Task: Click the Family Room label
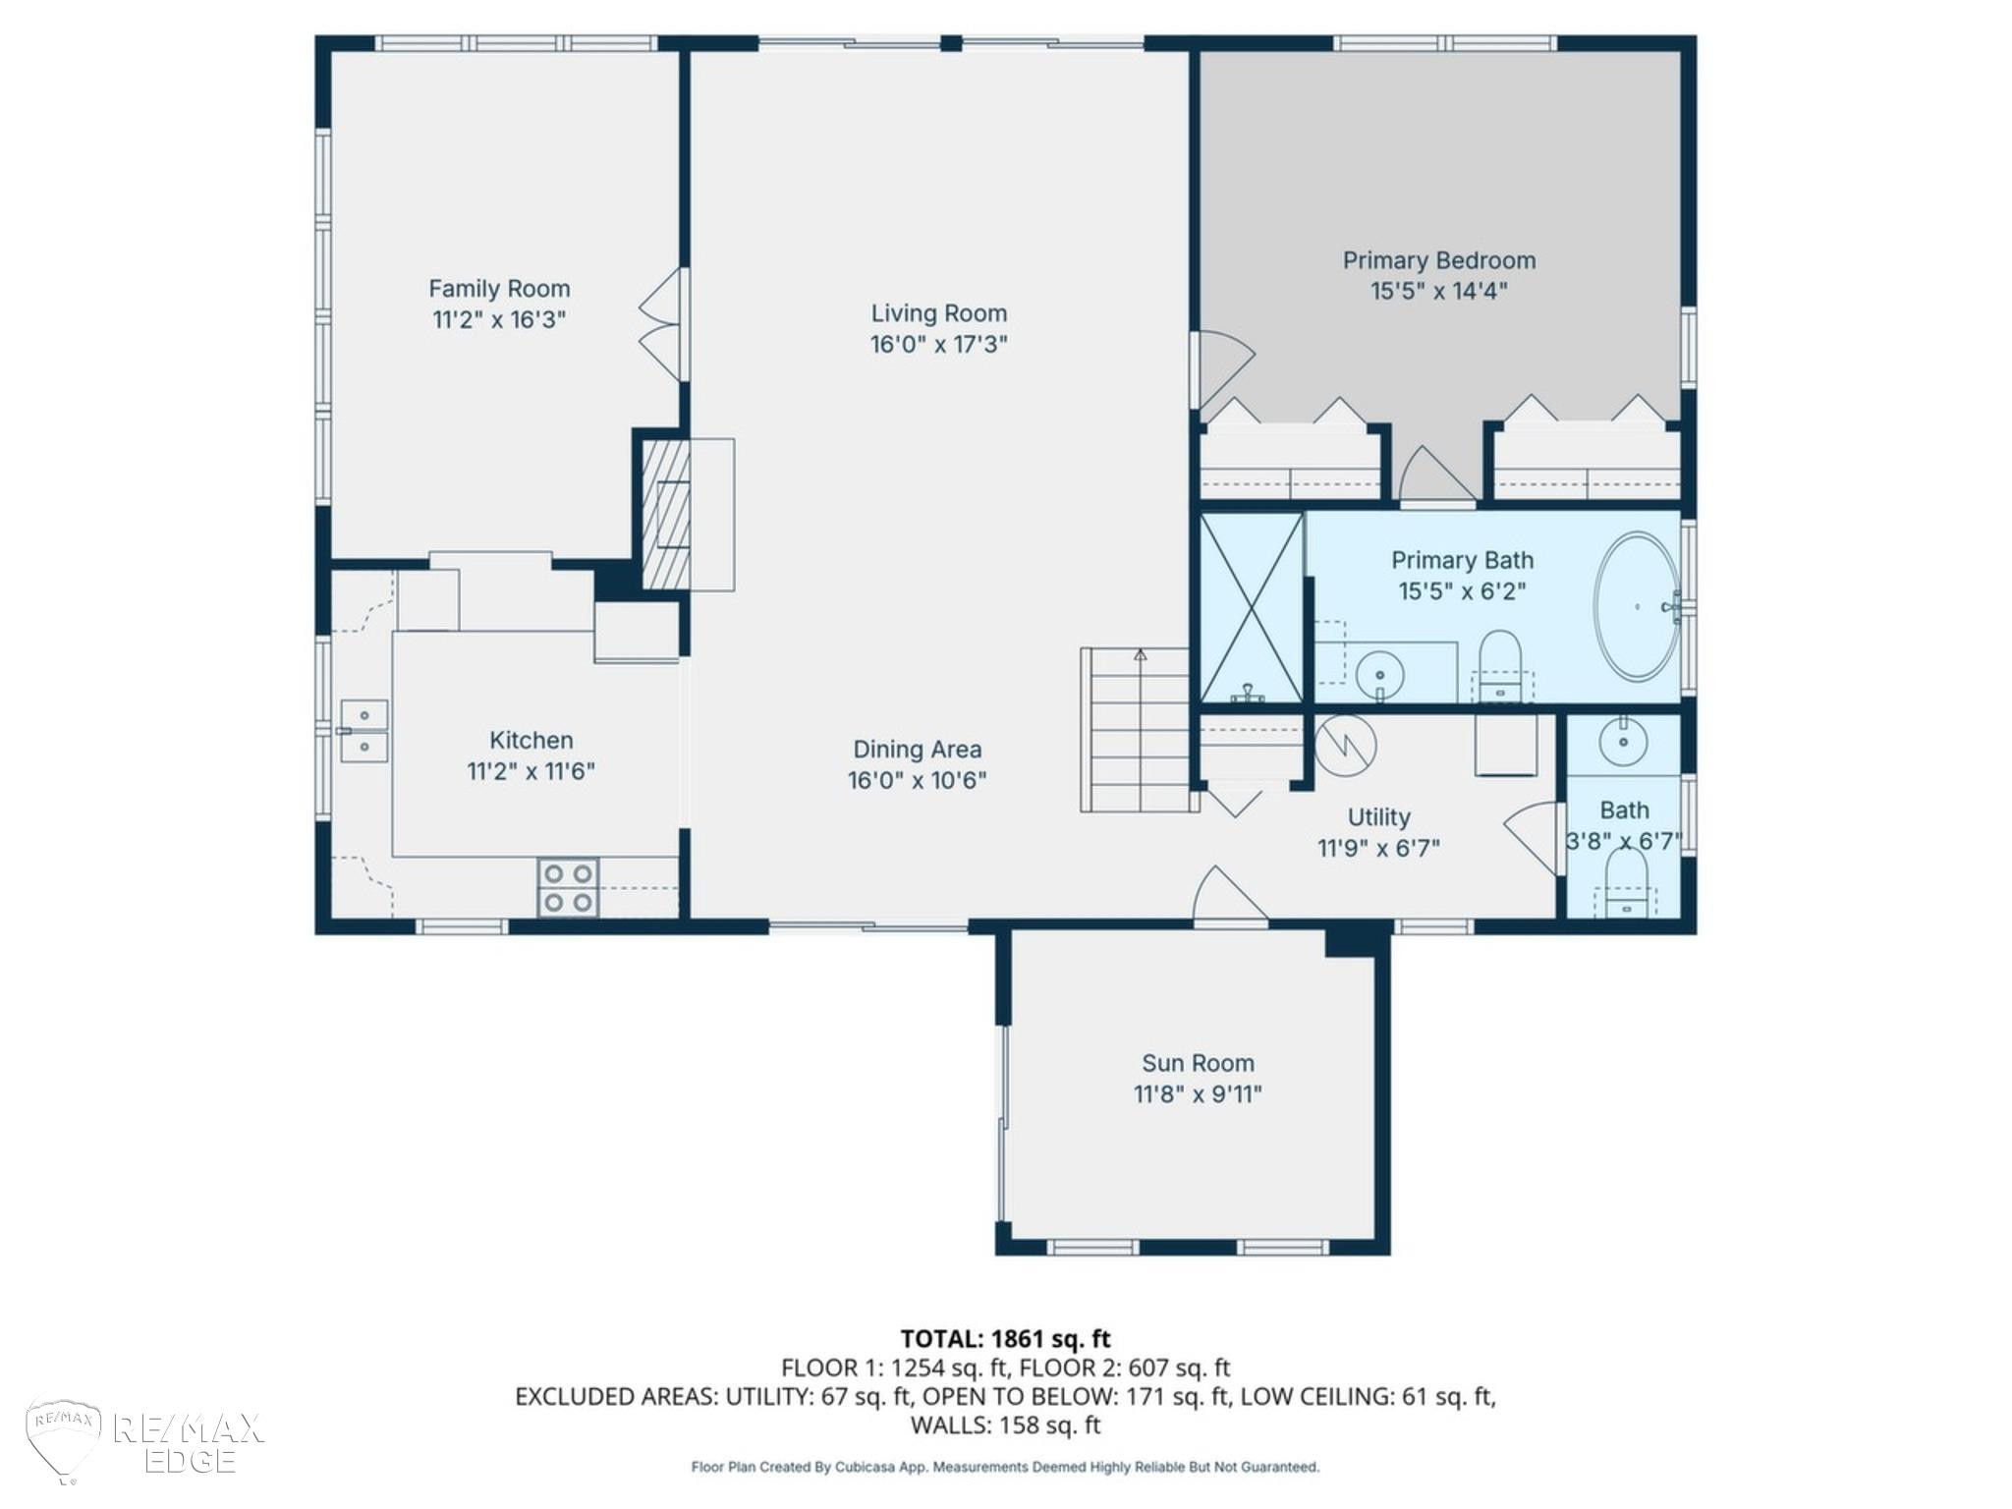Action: click(x=499, y=289)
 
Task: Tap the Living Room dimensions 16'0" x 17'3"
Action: click(x=938, y=345)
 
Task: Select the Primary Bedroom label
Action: click(x=1439, y=260)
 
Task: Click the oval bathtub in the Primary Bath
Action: click(x=1637, y=606)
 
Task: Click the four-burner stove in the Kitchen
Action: click(x=568, y=887)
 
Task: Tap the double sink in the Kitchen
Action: click(x=363, y=731)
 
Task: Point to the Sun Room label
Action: click(x=1198, y=1063)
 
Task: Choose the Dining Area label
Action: click(x=917, y=750)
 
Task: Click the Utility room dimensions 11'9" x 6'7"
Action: click(x=1378, y=848)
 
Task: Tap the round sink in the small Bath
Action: click(x=1623, y=742)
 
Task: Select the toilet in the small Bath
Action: click(x=1625, y=882)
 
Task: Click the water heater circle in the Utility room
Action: click(x=1346, y=746)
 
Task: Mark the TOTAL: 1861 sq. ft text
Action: click(x=1005, y=1339)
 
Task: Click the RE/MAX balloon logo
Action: click(x=63, y=1440)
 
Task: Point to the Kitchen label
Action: click(x=531, y=741)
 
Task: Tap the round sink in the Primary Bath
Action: click(x=1379, y=675)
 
